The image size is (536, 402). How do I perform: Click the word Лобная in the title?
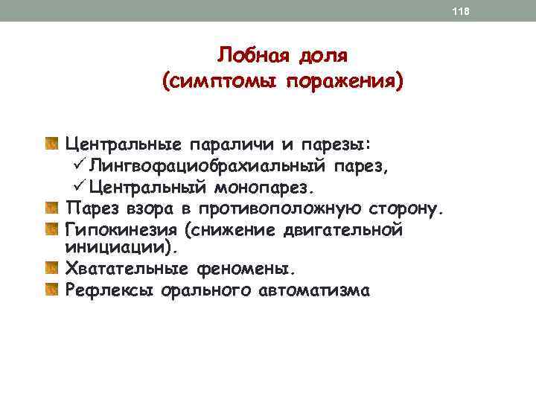point(249,55)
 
